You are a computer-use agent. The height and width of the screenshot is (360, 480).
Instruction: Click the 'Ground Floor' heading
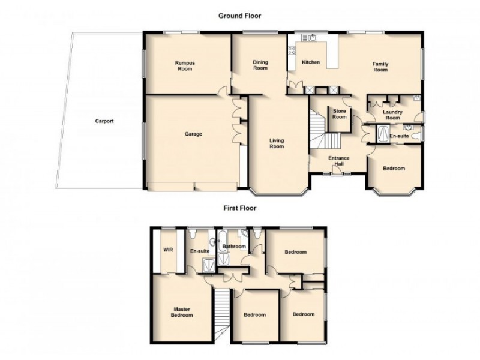[x=239, y=16]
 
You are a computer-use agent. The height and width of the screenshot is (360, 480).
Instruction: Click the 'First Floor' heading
[x=239, y=209]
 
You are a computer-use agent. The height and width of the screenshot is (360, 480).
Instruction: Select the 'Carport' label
[x=104, y=121]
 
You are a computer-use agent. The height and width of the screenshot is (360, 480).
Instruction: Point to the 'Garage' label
[x=193, y=134]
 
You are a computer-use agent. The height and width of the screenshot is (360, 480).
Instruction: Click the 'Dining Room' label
[x=260, y=65]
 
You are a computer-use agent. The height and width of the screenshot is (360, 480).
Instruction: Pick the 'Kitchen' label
[x=311, y=62]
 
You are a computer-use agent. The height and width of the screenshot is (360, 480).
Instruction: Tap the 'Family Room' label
[x=380, y=67]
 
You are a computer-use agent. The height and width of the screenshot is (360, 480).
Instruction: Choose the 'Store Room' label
[x=340, y=113]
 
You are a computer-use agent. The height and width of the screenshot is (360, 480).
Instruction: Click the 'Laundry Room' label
[x=392, y=115]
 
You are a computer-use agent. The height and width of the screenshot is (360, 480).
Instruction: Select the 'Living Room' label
[x=277, y=143]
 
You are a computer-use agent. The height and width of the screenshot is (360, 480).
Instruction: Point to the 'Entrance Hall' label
[x=339, y=161]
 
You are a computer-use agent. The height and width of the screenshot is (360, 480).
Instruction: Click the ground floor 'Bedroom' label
[x=394, y=169]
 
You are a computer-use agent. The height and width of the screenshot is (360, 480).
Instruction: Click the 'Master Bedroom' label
[x=181, y=312]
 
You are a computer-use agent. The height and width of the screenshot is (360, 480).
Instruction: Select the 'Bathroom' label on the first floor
[x=234, y=247]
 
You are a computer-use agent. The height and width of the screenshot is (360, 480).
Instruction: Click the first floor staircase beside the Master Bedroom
[x=223, y=312]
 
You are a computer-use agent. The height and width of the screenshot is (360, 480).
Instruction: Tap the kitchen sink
[x=311, y=37]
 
